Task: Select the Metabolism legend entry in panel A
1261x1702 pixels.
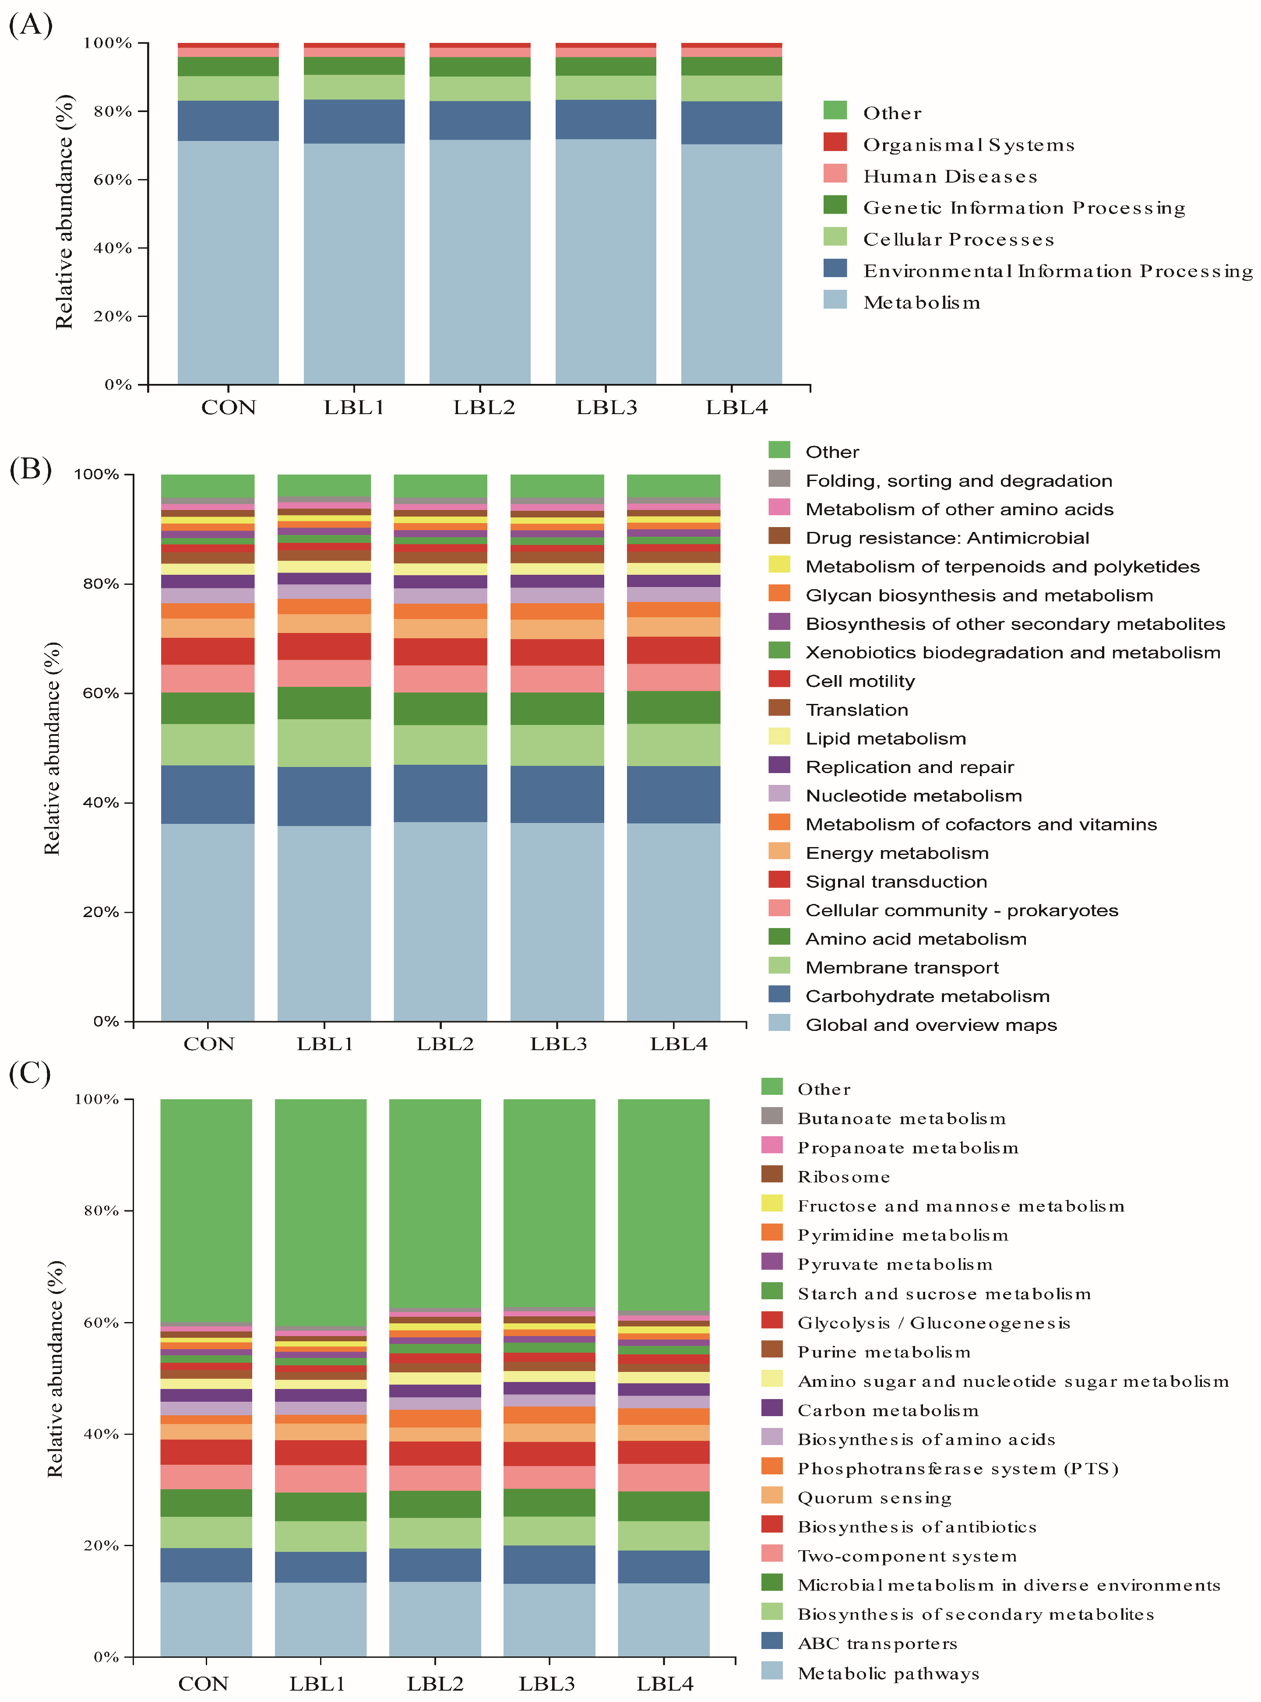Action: (921, 303)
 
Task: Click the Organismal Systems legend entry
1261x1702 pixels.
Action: (968, 145)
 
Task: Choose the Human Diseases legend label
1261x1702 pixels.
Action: (950, 176)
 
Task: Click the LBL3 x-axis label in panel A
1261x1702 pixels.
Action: (606, 408)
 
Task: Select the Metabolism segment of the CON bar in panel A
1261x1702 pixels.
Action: (228, 262)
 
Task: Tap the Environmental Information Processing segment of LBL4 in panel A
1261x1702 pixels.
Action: (731, 123)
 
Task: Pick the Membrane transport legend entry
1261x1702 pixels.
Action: (902, 968)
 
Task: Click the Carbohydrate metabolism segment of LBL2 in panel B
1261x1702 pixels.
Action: (440, 793)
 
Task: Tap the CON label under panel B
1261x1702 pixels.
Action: (208, 1044)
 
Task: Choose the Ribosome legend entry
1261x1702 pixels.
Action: (843, 1177)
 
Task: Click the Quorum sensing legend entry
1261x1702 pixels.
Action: (874, 1498)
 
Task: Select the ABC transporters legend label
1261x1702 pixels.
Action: (877, 1644)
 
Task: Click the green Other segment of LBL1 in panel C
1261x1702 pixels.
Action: (321, 1213)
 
